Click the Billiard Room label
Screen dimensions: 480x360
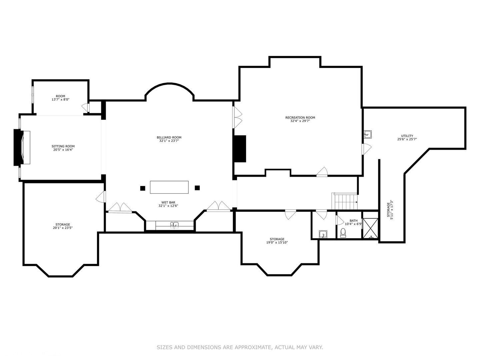click(x=169, y=137)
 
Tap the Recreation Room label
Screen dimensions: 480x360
click(x=300, y=118)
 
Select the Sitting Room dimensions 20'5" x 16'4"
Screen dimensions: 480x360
click(x=63, y=150)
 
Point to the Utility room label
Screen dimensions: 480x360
click(x=407, y=136)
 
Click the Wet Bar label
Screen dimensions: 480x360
click(x=168, y=202)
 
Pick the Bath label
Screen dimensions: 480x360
click(x=353, y=221)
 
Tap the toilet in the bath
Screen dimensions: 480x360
click(x=343, y=233)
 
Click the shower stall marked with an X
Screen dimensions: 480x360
click(x=370, y=228)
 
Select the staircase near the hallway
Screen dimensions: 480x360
click(x=344, y=201)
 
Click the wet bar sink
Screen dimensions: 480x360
click(x=174, y=225)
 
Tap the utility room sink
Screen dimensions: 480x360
click(x=368, y=134)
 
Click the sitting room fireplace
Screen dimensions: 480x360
click(x=22, y=148)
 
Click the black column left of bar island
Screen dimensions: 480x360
click(x=143, y=188)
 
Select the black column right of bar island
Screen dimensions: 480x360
click(x=197, y=188)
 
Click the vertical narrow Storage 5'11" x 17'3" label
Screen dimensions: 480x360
click(x=390, y=210)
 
